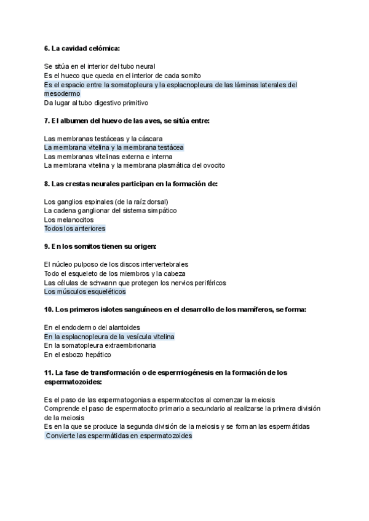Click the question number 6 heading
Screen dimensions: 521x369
[82, 48]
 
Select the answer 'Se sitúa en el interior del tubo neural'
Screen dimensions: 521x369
[100, 66]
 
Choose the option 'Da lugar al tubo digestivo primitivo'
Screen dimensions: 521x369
[96, 103]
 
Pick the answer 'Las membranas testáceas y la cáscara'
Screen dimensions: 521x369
[98, 139]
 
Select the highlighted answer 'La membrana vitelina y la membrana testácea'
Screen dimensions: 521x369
[114, 147]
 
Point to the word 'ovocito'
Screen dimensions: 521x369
[212, 165]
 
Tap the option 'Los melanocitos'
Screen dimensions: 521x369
[69, 219]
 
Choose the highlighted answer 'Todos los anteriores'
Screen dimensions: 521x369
[74, 229]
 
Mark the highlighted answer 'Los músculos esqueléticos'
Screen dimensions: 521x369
[85, 291]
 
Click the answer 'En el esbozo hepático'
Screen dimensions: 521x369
[77, 355]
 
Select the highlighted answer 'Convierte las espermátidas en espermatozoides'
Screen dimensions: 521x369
[119, 436]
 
